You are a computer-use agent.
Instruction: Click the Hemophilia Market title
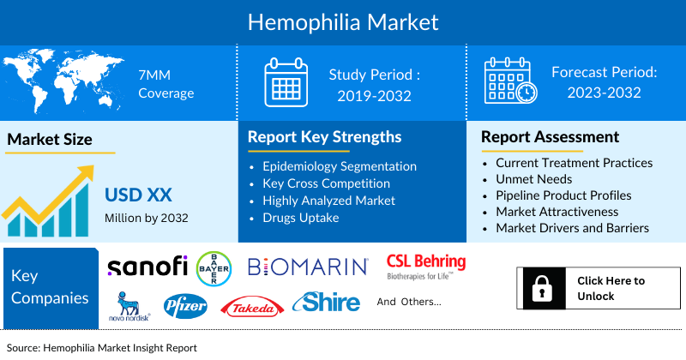(343, 21)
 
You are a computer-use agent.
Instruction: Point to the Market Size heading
(50, 139)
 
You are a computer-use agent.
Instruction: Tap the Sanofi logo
(147, 267)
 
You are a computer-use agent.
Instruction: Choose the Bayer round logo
(214, 268)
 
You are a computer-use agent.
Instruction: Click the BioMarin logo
(308, 267)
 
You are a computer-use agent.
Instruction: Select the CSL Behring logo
(426, 265)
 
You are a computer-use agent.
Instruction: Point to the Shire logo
(326, 303)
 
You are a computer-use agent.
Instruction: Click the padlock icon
(543, 288)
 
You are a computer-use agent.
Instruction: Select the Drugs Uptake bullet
(300, 217)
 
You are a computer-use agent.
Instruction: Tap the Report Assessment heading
(550, 137)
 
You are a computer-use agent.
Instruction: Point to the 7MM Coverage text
(165, 84)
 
